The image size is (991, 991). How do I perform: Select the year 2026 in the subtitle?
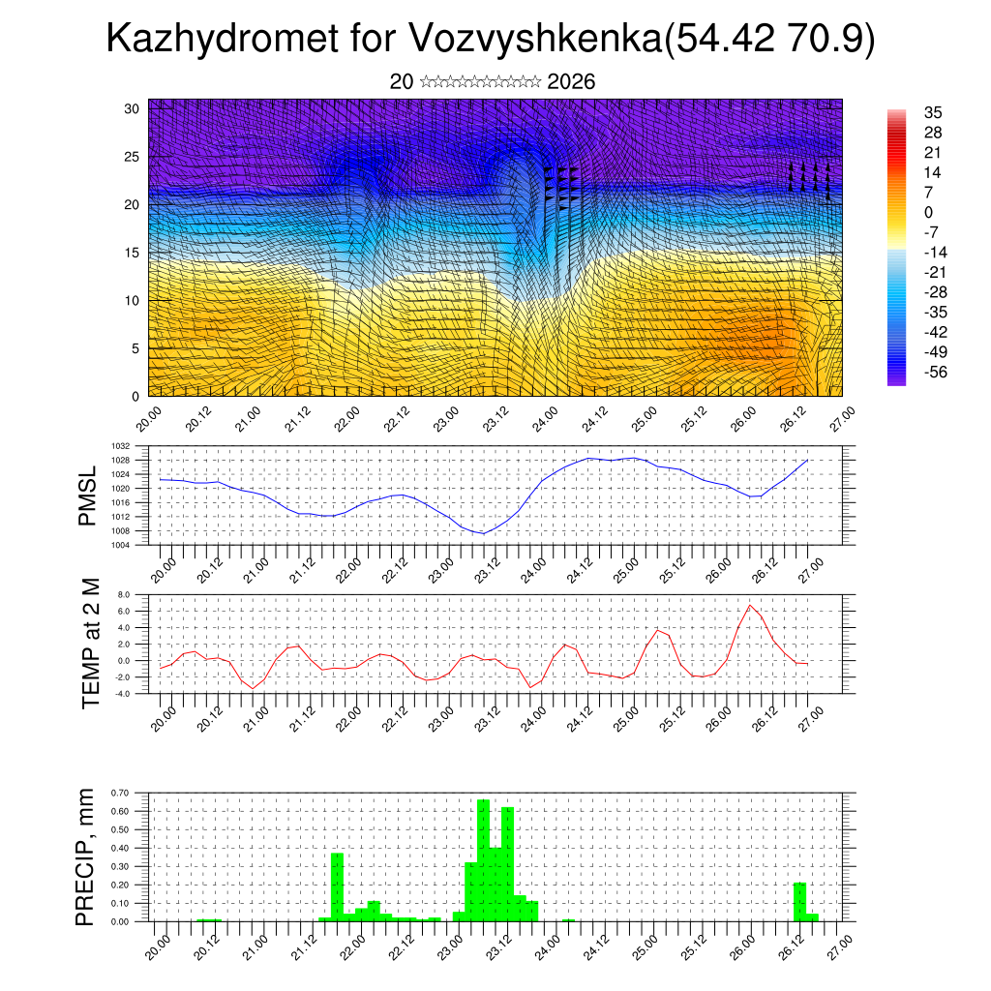click(x=571, y=82)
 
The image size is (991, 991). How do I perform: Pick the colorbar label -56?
click(x=935, y=373)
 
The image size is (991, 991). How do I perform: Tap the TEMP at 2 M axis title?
click(x=91, y=643)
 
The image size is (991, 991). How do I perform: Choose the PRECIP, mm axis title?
click(x=86, y=856)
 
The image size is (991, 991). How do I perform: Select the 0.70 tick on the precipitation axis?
click(x=120, y=793)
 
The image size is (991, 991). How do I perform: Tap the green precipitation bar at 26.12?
click(x=799, y=901)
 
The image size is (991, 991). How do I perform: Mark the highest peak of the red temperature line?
click(x=750, y=606)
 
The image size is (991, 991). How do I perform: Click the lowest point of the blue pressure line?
click(x=483, y=533)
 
